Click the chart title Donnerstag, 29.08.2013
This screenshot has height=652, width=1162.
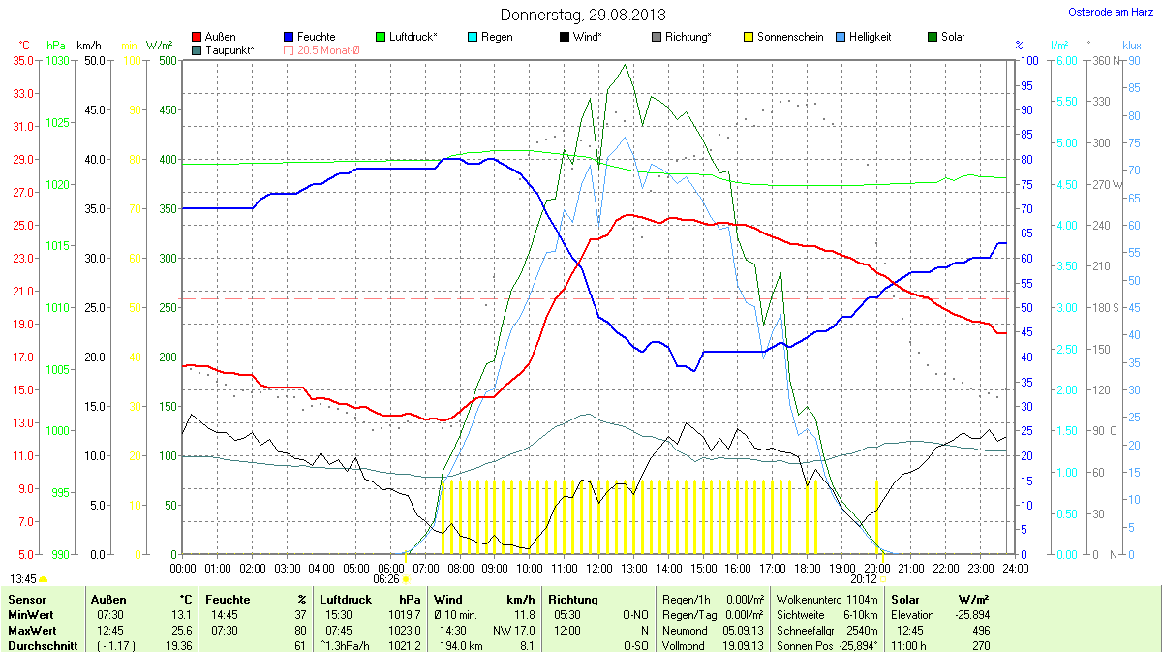point(583,15)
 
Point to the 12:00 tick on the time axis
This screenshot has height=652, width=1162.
point(598,568)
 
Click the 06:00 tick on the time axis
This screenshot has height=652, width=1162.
point(390,568)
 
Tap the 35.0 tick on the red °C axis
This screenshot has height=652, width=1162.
point(22,60)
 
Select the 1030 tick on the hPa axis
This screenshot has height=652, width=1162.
point(58,60)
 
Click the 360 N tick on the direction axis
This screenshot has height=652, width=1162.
point(1098,60)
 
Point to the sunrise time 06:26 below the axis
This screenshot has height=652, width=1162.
point(386,579)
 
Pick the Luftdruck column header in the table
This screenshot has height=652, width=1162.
point(346,600)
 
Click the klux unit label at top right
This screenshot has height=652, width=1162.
point(1131,46)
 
